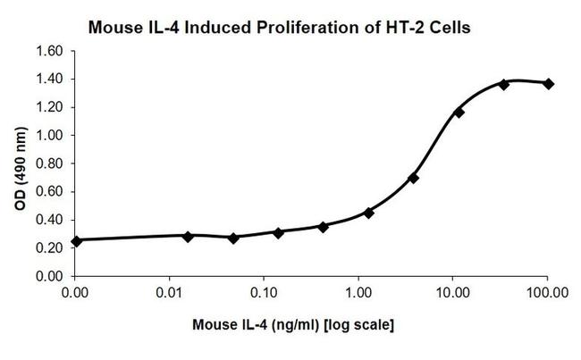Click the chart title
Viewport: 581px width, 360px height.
278,28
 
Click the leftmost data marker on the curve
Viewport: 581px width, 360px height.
76,240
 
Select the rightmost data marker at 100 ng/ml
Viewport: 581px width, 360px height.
548,83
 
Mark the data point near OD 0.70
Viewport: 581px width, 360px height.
414,178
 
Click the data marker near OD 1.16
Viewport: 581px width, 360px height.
459,113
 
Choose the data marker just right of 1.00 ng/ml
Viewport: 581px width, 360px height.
368,213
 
